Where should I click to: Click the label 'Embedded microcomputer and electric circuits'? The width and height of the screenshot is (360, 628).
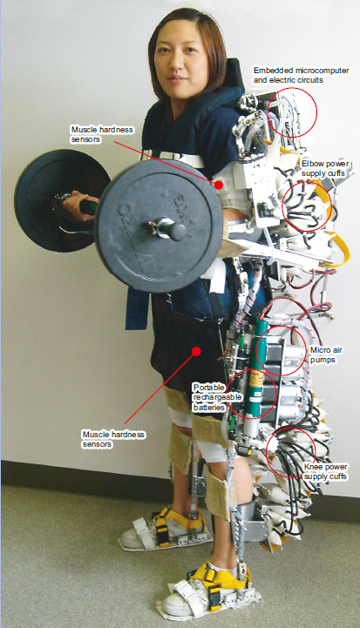(301, 75)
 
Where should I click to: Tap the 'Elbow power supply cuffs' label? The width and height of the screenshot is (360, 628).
(325, 169)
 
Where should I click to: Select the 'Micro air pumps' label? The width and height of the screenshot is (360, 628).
(326, 355)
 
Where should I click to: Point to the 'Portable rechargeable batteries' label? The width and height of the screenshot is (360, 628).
(218, 397)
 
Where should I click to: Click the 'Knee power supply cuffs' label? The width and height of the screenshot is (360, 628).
(325, 472)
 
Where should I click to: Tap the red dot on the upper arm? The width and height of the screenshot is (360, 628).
(219, 185)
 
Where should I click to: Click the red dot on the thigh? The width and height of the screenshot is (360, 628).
(196, 351)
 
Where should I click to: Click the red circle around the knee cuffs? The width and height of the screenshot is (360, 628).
(267, 453)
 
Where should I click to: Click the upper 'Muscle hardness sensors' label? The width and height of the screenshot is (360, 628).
(102, 134)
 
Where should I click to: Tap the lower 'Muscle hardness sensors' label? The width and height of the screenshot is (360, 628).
(113, 439)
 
